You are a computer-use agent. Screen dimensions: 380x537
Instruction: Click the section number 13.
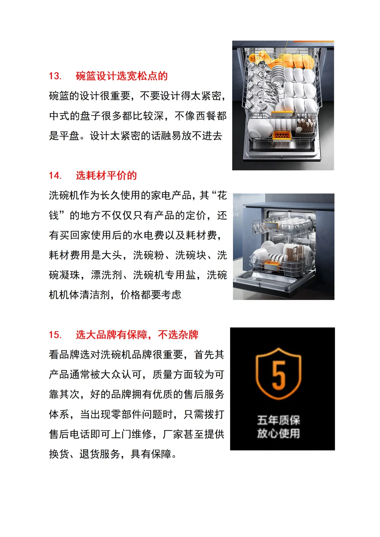pyautogui.click(x=55, y=76)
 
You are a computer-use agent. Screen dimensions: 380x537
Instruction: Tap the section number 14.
pyautogui.click(x=55, y=175)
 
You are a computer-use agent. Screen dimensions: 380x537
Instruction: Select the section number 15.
pyautogui.click(x=55, y=335)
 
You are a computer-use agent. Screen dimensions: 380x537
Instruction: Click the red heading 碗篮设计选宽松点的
pyautogui.click(x=121, y=76)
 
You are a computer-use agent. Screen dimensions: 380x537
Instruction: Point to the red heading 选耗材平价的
pyautogui.click(x=106, y=175)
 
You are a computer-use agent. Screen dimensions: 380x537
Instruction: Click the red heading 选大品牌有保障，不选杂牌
pyautogui.click(x=137, y=335)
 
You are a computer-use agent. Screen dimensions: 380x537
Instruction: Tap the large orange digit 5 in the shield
pyautogui.click(x=278, y=375)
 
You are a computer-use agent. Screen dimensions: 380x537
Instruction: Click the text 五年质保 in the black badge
pyautogui.click(x=278, y=420)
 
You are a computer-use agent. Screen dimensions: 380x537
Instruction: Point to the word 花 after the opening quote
pyautogui.click(x=222, y=195)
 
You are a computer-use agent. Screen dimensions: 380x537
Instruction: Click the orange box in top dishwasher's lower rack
pyautogui.click(x=282, y=136)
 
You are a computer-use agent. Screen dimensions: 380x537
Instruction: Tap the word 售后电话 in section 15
pyautogui.click(x=69, y=434)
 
